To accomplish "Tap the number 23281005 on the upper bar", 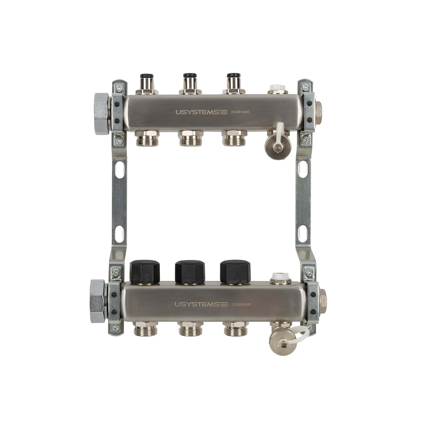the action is (x=241, y=112).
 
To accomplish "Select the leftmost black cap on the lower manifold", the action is (x=145, y=272).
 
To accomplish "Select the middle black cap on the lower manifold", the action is (x=190, y=272).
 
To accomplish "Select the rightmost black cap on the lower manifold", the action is (x=235, y=272).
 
